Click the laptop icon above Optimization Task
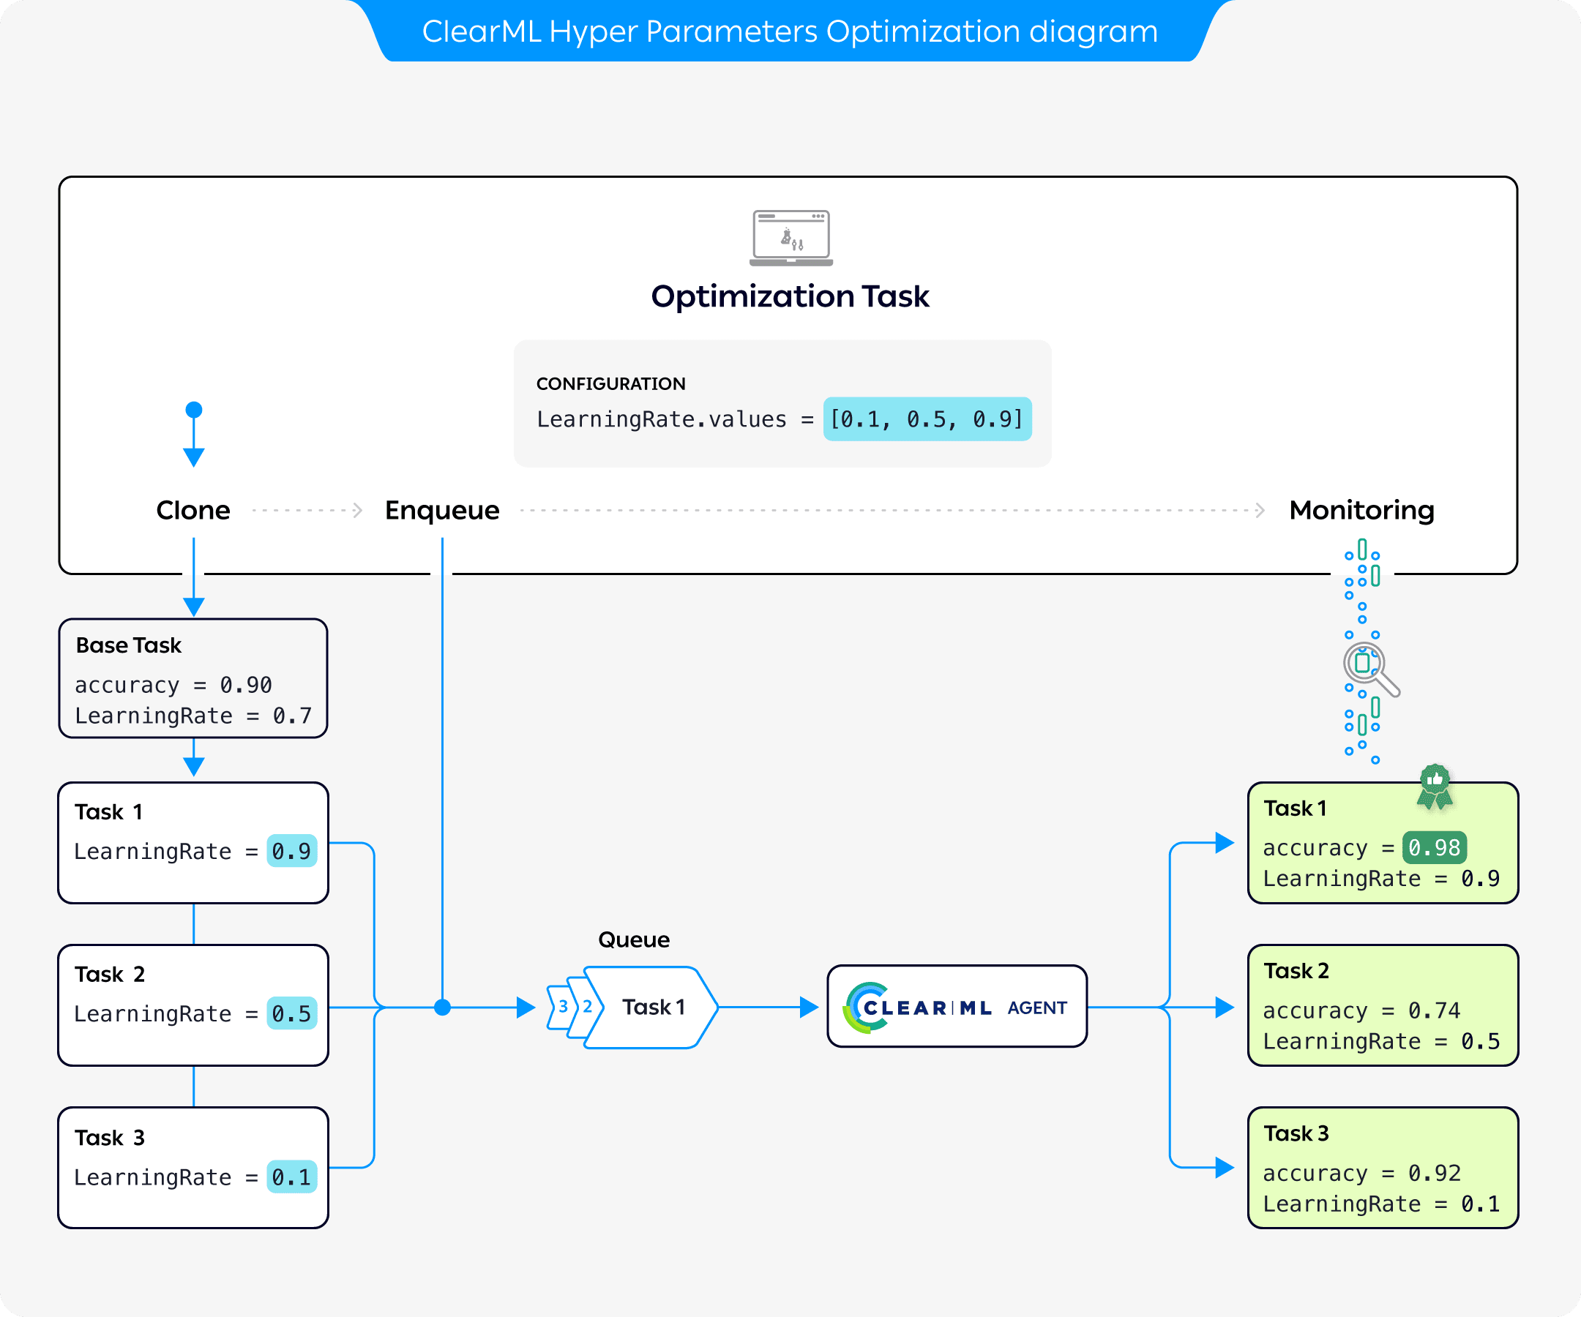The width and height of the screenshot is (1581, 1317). [x=790, y=238]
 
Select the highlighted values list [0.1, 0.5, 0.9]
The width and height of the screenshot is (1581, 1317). [x=927, y=419]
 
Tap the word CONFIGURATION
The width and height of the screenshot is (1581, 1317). [x=610, y=384]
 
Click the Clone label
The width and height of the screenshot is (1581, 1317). [x=193, y=510]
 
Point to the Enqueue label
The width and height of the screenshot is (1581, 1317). [x=442, y=510]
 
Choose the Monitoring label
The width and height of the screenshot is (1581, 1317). [x=1361, y=510]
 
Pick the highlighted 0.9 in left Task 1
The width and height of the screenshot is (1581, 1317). [x=291, y=851]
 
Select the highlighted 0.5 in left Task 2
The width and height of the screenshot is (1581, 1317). [x=291, y=1013]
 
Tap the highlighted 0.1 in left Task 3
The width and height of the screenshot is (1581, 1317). [x=291, y=1177]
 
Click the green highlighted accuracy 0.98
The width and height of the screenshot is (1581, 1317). [x=1433, y=848]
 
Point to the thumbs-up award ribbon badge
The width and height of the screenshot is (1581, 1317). [x=1435, y=786]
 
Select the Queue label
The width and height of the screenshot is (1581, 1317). [x=633, y=939]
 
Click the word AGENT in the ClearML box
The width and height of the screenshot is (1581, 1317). [x=1036, y=1008]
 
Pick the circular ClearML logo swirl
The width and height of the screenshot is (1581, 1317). [x=863, y=1007]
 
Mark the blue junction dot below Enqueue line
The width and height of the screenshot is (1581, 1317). [x=443, y=1007]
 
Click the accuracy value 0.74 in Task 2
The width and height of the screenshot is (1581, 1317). [x=1433, y=1010]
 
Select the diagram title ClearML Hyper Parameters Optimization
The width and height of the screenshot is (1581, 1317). [x=790, y=31]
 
